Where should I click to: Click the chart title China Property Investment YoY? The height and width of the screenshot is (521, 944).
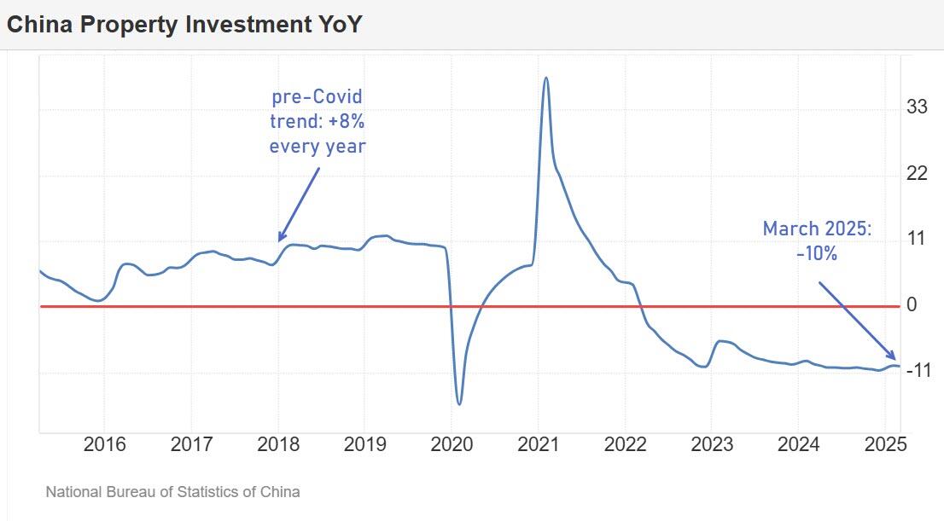point(184,25)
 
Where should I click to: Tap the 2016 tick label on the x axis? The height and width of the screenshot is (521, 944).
point(105,445)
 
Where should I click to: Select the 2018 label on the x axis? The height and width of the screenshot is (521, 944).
point(277,445)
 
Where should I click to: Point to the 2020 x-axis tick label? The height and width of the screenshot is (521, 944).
point(452,445)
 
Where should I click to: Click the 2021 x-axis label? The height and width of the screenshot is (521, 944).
point(538,445)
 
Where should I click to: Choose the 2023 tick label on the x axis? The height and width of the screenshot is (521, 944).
point(712,445)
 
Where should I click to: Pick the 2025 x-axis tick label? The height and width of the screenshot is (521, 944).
point(884,445)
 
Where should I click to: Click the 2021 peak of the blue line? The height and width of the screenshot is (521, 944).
point(546,78)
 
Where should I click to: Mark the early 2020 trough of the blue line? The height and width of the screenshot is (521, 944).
point(459,403)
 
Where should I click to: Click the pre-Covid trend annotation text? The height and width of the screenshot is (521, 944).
point(318,122)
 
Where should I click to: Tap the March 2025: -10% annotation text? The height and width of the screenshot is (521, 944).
point(817,240)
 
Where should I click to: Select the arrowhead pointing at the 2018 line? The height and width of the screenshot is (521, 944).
point(281,238)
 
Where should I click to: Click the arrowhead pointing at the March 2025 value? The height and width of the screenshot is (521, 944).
point(892,357)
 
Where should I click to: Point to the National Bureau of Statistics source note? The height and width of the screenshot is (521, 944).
point(172,492)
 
